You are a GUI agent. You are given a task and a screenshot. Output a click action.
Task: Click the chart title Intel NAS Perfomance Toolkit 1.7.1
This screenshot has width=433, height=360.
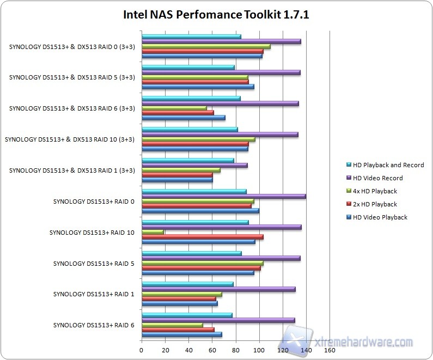216,14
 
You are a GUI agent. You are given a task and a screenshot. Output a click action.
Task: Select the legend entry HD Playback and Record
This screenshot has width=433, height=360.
388,165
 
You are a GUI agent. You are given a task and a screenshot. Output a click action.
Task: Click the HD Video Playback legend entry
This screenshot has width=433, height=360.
380,217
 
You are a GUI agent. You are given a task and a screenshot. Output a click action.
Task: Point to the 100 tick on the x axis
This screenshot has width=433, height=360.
259,350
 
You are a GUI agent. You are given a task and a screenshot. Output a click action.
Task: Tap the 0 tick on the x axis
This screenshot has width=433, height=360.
142,350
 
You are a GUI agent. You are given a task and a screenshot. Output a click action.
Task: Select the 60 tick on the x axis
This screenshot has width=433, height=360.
212,350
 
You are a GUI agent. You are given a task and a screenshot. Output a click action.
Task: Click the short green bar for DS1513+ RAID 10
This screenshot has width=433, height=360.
153,232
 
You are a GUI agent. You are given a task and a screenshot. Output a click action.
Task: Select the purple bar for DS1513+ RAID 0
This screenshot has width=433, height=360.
223,196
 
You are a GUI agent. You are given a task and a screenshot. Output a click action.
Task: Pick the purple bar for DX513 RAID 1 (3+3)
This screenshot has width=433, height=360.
194,165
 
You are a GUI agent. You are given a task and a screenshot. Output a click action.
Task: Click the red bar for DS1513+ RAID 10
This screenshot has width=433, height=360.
202,237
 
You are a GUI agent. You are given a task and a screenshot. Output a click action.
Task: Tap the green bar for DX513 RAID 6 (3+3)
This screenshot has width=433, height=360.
174,108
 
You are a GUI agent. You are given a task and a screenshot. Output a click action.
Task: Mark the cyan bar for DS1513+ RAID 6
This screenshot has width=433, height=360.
187,315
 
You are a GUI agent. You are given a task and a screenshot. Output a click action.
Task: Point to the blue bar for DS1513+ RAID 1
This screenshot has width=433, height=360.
179,303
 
